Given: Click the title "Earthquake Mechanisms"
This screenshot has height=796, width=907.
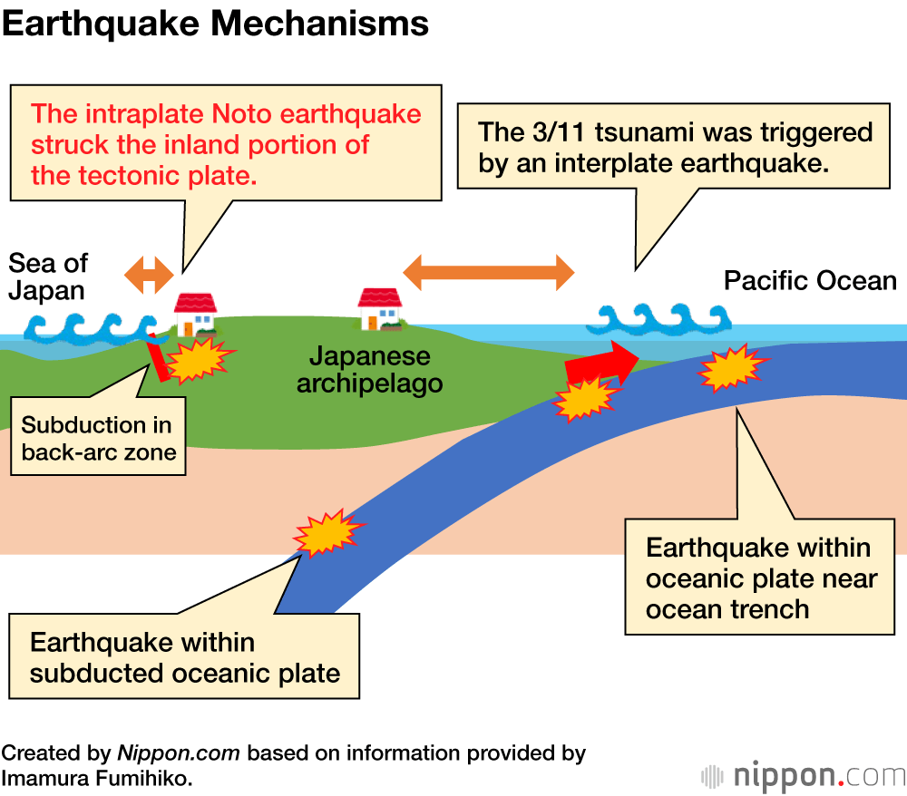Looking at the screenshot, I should coord(215,24).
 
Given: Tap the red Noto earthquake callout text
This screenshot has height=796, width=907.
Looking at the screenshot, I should coord(226,144).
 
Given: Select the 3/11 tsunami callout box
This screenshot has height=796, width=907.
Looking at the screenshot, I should coord(675,149).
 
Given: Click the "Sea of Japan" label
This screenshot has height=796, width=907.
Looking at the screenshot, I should coord(48,277).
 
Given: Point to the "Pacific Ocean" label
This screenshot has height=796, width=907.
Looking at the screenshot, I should coord(810,280).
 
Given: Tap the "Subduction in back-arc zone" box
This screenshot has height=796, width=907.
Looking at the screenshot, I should coord(98,438).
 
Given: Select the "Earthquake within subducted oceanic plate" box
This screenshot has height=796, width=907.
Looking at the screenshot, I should coord(184,658).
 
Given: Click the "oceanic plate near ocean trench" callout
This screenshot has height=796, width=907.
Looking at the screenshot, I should coord(760,578).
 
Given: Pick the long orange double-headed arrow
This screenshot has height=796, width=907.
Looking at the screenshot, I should coord(488,271).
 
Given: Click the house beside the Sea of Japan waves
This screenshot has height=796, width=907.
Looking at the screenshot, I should coord(196,314).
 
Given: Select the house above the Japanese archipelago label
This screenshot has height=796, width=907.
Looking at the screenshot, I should coord(379,309).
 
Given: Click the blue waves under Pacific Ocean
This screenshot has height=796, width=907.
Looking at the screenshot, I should coord(658,318).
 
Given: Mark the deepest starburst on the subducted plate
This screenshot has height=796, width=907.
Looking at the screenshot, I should coord(324,534).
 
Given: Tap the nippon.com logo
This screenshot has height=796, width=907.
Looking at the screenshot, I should coord(803,776).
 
